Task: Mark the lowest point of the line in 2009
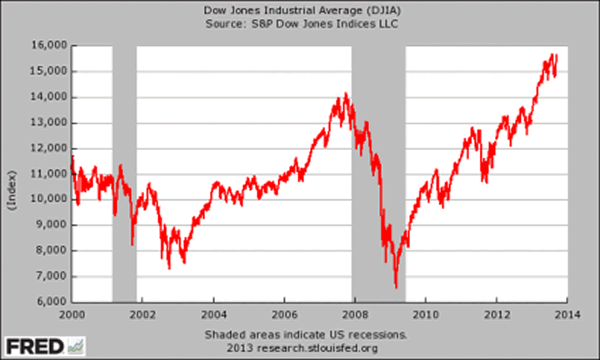point(396,287)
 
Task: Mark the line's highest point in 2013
point(556,54)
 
